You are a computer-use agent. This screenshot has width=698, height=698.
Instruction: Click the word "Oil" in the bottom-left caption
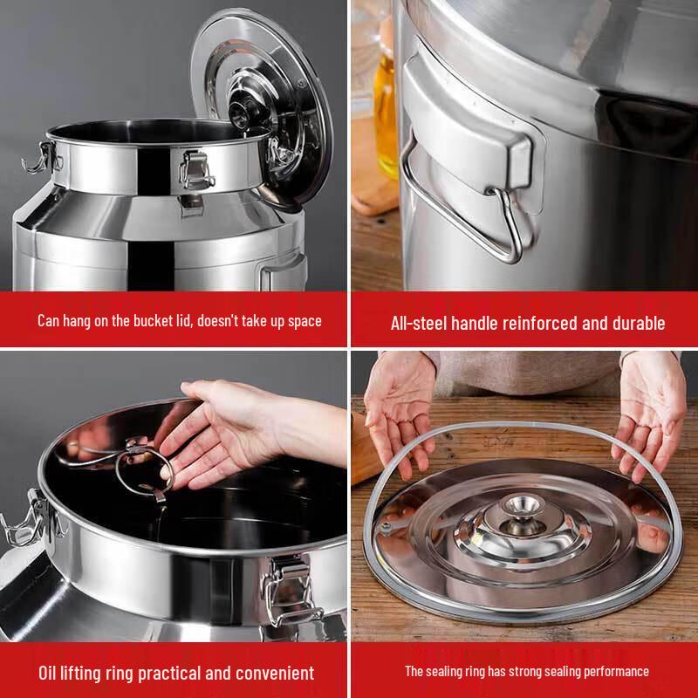(47, 673)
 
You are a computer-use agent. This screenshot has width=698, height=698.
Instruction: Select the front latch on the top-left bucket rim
(195, 170)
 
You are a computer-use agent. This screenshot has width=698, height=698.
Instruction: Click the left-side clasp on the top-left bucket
(41, 158)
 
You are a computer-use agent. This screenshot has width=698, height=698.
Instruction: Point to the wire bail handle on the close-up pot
(463, 206)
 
